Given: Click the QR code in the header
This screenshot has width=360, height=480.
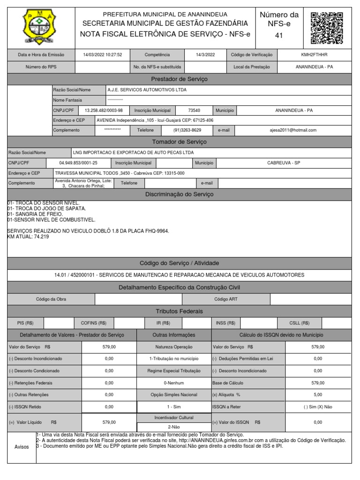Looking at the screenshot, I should (327, 28).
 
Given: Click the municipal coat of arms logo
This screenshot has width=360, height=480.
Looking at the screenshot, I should (41, 28).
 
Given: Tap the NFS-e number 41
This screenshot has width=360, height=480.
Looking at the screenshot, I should (279, 36).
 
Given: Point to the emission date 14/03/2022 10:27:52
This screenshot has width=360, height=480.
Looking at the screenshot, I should (103, 55).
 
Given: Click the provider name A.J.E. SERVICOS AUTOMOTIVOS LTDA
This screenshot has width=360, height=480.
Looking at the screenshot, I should (147, 90).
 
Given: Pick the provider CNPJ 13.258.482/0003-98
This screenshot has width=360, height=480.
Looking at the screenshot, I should (104, 110).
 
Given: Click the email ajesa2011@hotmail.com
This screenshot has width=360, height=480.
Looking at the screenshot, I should (293, 130).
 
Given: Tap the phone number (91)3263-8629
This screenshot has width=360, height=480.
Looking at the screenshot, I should (187, 130).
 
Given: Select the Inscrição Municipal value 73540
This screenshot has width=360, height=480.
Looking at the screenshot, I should (194, 110).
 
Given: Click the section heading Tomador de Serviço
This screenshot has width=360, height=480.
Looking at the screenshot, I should (180, 142).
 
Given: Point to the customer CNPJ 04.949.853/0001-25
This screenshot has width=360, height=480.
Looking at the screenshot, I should (78, 163).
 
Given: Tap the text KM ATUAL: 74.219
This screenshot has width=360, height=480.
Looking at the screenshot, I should (29, 237).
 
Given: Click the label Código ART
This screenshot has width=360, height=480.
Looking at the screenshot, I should (226, 299).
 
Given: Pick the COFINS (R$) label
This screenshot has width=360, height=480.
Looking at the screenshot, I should (93, 322).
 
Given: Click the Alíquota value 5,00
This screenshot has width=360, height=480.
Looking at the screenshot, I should (317, 395).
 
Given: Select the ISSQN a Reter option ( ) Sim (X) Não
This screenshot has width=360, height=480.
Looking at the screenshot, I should (317, 407).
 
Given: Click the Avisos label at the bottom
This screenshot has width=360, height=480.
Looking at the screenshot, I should (22, 447).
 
